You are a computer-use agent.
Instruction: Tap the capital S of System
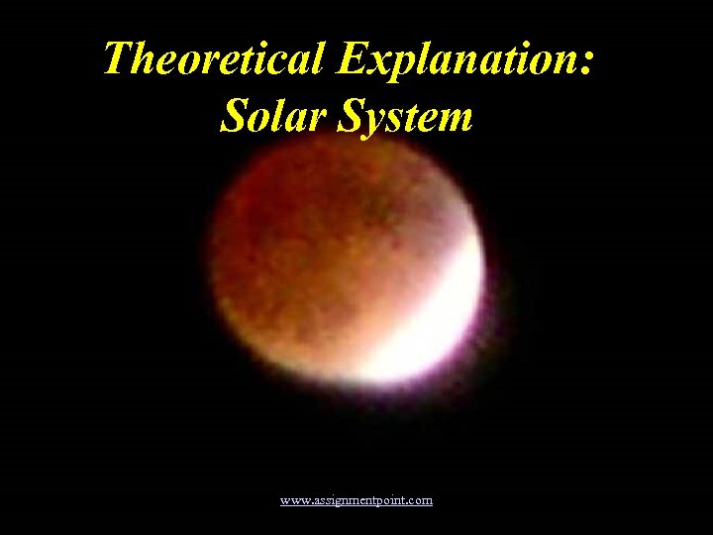(353, 117)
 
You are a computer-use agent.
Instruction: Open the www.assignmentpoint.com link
(356, 500)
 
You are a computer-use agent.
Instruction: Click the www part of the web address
(293, 501)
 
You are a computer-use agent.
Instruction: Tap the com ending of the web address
(421, 501)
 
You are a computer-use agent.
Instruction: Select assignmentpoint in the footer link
(357, 501)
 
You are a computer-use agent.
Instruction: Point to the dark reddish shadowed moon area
(307, 258)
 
